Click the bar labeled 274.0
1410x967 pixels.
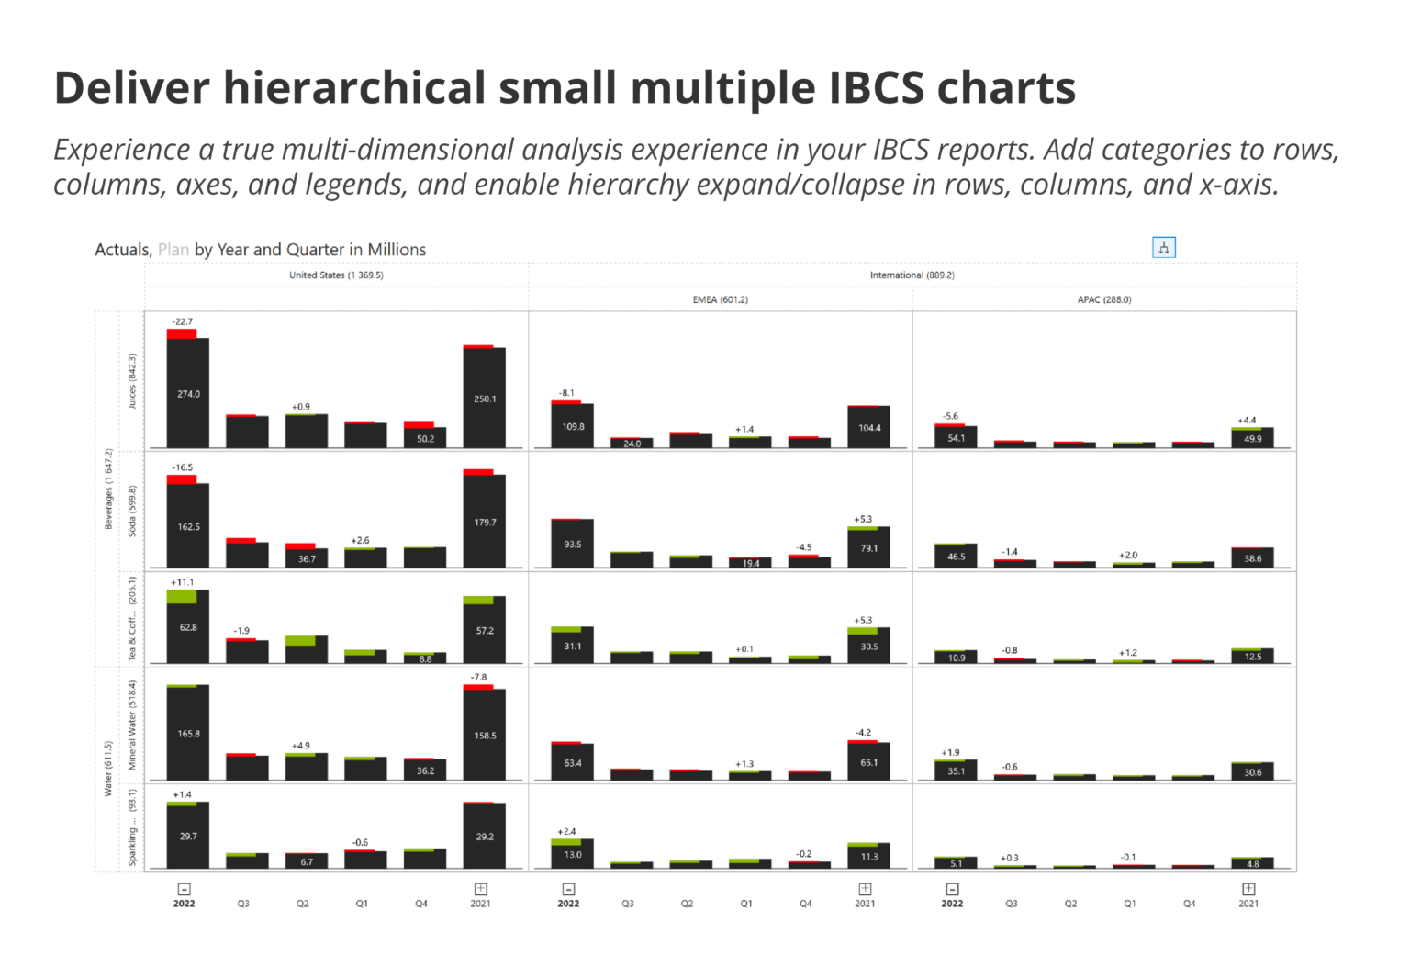tap(188, 393)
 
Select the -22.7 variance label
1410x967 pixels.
tap(183, 321)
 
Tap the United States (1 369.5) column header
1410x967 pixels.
tap(336, 275)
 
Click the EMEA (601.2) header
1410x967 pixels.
tap(720, 299)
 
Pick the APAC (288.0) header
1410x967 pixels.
tap(1103, 299)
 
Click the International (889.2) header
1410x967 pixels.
tap(912, 275)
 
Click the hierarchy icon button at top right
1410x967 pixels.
tap(1163, 248)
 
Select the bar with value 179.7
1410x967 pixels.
tap(485, 522)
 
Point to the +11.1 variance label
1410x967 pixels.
tap(182, 582)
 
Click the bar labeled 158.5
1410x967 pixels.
tap(485, 735)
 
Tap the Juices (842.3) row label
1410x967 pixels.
tap(132, 381)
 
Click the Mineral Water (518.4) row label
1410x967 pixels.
tap(132, 725)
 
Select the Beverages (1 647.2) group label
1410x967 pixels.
tap(108, 489)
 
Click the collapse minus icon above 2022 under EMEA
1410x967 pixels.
tap(568, 889)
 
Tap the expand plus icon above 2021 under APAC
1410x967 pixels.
tap(1248, 889)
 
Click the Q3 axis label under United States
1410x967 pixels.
tap(243, 904)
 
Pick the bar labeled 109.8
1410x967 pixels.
tap(573, 426)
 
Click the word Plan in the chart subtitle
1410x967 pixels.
tap(173, 250)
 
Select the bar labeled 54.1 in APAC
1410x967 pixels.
tap(956, 437)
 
